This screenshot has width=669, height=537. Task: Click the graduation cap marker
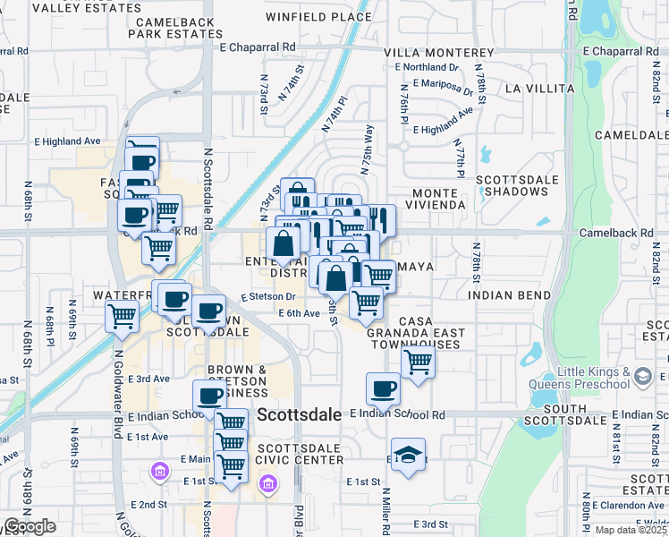(x=408, y=455)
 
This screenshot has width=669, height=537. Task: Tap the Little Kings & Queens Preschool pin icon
(x=640, y=379)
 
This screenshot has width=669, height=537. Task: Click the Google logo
(x=30, y=526)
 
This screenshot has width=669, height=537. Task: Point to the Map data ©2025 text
(x=630, y=530)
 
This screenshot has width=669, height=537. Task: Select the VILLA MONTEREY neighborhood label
(x=438, y=54)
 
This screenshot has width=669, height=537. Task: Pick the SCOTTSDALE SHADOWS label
(x=517, y=186)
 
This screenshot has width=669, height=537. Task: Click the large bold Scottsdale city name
(x=299, y=414)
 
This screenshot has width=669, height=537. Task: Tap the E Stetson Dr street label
(x=267, y=296)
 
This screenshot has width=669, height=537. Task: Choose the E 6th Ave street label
(x=299, y=313)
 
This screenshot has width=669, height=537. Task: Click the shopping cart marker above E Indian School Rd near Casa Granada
(x=418, y=362)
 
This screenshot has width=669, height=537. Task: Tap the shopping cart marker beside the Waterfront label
(x=122, y=315)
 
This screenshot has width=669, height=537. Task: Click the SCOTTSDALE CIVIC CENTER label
(x=300, y=454)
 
